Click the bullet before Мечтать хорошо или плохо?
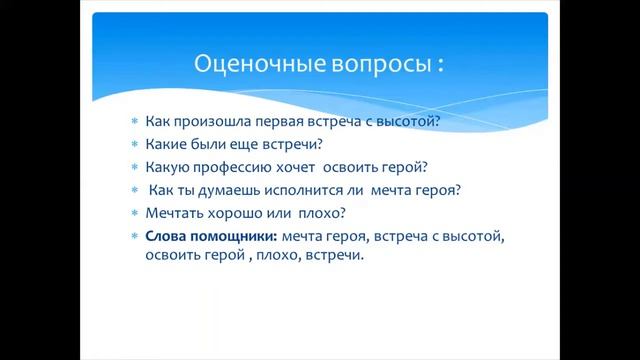(134, 213)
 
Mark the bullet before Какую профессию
(134, 167)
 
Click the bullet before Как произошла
(134, 121)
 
